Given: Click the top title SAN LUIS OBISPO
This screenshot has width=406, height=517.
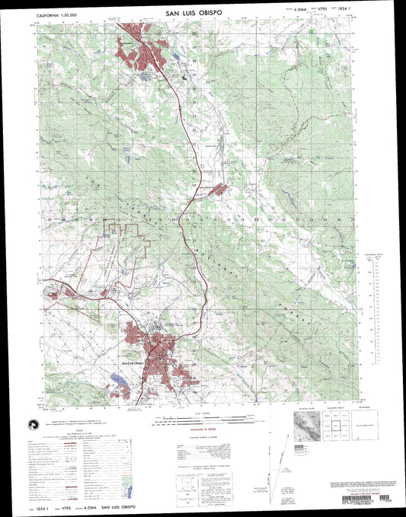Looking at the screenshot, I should coord(200,14).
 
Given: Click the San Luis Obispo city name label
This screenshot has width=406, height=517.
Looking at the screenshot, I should coord(133,362).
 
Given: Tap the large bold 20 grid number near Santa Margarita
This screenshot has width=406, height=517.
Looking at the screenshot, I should coord(194,172).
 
